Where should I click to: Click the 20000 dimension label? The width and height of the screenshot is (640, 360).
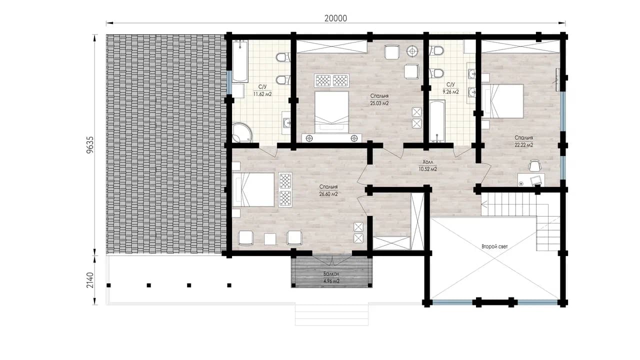tap(335, 18)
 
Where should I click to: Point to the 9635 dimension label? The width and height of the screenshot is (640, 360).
tap(89, 145)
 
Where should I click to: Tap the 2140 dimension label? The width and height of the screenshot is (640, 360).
tap(89, 280)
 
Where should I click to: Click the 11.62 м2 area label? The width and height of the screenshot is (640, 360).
tap(262, 94)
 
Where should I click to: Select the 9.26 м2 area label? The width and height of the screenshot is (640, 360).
tap(450, 91)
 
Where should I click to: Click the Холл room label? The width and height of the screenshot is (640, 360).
tap(427, 162)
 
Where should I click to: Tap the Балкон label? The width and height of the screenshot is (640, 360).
tap(331, 273)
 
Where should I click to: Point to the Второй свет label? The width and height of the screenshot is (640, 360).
tap(494, 246)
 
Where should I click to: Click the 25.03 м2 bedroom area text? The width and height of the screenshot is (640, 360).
tap(379, 103)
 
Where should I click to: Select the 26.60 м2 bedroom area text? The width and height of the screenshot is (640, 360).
tap(328, 194)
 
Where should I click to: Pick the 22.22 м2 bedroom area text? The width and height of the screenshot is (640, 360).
tap(523, 145)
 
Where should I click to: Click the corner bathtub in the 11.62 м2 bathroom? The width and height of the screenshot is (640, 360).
tap(242, 132)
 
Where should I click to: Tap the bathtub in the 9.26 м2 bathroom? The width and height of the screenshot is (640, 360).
tap(437, 121)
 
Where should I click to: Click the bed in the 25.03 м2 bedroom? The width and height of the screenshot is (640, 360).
tap(331, 112)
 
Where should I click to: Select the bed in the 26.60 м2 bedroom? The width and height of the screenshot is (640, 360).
tap(253, 189)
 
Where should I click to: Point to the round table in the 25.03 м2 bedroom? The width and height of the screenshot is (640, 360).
tap(412, 51)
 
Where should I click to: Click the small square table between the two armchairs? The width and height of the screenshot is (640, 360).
tap(269, 239)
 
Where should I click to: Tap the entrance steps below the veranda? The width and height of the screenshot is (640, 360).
tap(331, 315)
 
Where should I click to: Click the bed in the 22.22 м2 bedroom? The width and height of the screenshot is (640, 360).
tap(502, 101)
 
